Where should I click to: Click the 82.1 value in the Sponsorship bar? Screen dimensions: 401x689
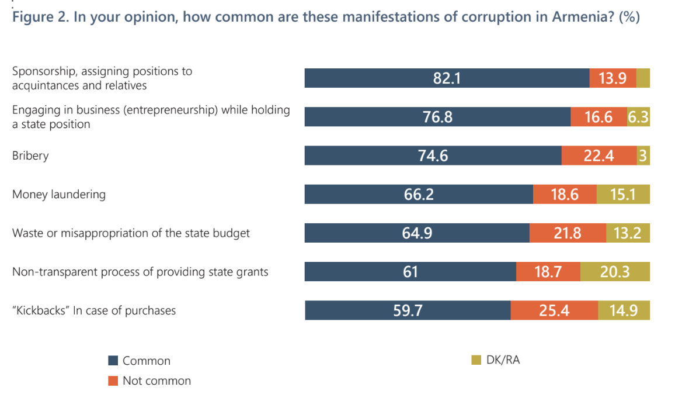pos(447,78)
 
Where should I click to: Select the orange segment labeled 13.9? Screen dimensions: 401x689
pos(613,78)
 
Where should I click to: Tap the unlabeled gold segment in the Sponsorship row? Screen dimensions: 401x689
pos(643,78)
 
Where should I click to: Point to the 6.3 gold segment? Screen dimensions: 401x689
pos(638,117)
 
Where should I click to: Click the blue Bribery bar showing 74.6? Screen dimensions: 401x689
pos(433,155)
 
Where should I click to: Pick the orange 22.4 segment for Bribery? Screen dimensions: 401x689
pos(598,155)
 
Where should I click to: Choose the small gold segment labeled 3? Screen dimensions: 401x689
pos(643,155)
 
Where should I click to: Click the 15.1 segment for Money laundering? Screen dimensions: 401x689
pos(623,194)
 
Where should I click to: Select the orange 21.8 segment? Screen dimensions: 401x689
pos(568,233)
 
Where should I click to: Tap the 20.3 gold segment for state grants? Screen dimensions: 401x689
pos(615,271)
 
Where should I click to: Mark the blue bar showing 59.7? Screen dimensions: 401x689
pos(408,310)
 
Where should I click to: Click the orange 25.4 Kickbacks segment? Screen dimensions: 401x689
pos(554,310)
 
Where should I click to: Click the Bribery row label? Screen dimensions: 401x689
pos(30,156)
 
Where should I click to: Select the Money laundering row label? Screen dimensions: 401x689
pos(59,194)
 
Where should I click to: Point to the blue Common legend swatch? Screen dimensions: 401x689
pos(114,361)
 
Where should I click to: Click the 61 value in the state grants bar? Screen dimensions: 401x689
pos(410,271)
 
